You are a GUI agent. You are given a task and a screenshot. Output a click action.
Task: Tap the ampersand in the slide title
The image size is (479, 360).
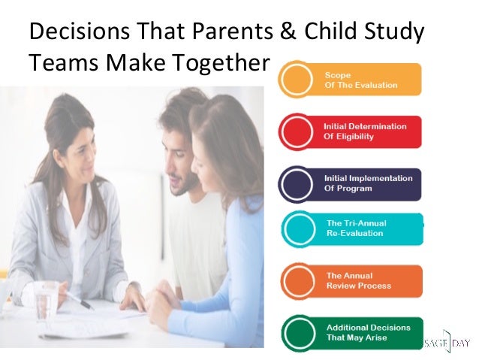click(289, 34)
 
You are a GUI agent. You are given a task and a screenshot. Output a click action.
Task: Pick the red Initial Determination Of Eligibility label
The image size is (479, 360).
click(365, 132)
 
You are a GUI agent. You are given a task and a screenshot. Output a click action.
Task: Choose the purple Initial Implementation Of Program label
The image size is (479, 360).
click(368, 183)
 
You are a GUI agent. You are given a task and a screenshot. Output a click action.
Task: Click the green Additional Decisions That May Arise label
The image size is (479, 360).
click(367, 332)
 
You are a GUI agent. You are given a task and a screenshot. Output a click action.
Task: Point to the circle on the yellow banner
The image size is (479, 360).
click(297, 80)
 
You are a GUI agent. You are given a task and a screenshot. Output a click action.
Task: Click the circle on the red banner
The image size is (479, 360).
click(297, 132)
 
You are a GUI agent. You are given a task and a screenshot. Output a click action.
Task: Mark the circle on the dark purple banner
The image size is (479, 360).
click(297, 183)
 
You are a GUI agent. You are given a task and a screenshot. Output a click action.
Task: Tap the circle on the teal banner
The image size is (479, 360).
click(299, 228)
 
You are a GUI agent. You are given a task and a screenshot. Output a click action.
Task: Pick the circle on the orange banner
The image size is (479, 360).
click(299, 281)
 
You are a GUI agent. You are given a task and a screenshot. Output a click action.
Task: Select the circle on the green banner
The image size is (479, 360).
click(299, 332)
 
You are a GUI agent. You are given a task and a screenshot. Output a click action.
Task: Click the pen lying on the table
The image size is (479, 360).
click(78, 300)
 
